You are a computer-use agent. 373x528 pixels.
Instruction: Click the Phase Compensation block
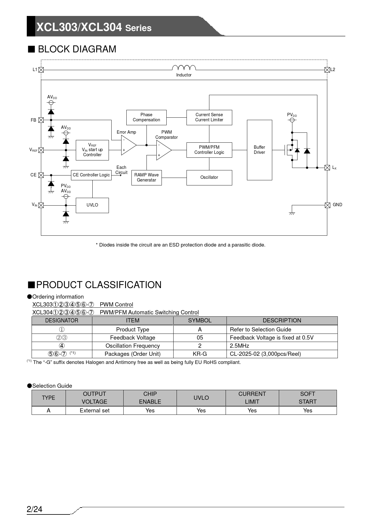(x=146, y=117)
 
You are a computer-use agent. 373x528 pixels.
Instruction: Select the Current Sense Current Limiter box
(x=209, y=117)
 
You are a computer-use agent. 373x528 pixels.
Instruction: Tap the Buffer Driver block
(x=259, y=150)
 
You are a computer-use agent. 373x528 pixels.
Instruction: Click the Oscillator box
(x=209, y=178)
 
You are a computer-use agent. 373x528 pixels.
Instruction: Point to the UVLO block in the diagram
(x=92, y=205)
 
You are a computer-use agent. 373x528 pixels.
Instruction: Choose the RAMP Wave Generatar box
(x=146, y=178)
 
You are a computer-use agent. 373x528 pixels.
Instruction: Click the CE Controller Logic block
(x=91, y=175)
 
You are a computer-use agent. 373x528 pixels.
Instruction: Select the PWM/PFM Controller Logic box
(x=209, y=150)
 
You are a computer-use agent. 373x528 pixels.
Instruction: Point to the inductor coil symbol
(x=184, y=68)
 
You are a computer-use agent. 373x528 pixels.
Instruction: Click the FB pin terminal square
(x=41, y=120)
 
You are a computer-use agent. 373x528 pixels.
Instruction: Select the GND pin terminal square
(x=328, y=205)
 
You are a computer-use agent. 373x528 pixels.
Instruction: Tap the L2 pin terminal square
(x=327, y=70)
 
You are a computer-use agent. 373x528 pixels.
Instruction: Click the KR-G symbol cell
(x=200, y=354)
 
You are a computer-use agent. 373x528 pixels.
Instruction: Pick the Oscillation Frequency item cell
(x=132, y=346)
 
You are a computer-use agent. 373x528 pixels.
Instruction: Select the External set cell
(x=94, y=411)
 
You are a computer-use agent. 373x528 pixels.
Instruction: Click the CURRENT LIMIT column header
(x=252, y=398)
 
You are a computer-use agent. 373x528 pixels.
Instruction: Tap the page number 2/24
(x=35, y=509)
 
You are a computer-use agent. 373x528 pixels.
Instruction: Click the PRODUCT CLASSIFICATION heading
(x=99, y=285)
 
